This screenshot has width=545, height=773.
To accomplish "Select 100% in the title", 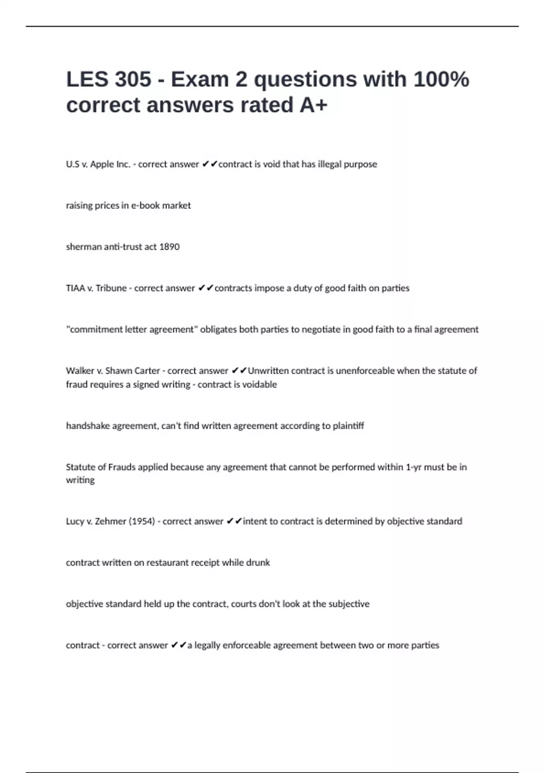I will tap(441, 79).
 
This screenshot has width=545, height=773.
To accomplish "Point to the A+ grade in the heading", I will tap(313, 105).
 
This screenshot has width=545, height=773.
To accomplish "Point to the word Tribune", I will tap(111, 288).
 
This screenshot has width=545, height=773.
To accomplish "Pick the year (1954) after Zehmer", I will tap(142, 522).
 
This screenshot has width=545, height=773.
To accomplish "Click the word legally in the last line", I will tap(208, 645).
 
